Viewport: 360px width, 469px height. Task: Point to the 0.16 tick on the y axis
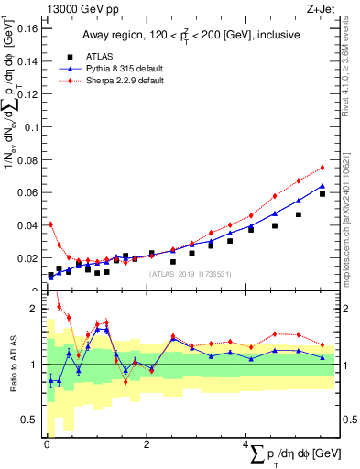click(x=27, y=27)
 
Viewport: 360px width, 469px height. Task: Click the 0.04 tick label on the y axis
click(x=27, y=225)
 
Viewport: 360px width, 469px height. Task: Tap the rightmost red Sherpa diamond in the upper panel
click(x=322, y=168)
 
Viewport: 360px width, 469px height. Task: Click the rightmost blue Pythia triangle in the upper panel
click(x=322, y=185)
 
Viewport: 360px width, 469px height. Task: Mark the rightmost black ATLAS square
click(x=322, y=194)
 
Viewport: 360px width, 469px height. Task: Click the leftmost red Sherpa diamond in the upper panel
click(x=50, y=224)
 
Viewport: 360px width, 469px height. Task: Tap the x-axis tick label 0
click(x=47, y=444)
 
